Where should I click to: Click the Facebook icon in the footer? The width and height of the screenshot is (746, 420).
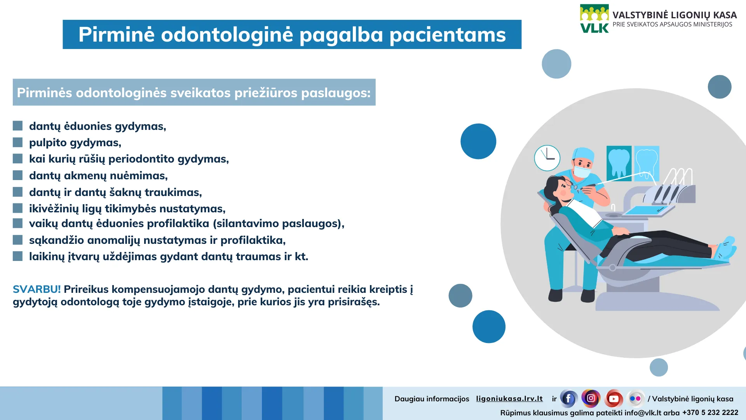tap(568, 399)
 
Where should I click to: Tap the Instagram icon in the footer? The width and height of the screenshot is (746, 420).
tap(591, 398)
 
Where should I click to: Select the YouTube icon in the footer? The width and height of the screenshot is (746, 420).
tap(614, 399)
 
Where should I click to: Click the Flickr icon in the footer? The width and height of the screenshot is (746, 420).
tap(635, 399)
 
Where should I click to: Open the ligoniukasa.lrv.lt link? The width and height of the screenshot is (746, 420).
tap(509, 399)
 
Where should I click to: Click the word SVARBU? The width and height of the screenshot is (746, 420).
tap(37, 289)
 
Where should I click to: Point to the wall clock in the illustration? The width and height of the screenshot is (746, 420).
tap(547, 158)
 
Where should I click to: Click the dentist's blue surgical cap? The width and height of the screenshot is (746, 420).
tap(584, 154)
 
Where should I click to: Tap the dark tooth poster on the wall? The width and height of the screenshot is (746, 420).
tap(619, 163)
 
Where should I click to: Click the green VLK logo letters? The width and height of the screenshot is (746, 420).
tap(594, 28)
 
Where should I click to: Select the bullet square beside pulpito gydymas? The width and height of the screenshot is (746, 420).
tap(17, 142)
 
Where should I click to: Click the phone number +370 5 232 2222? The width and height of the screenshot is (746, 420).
tap(710, 413)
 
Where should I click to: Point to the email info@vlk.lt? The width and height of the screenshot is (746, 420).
tap(643, 413)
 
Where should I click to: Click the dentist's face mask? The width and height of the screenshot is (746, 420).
tap(582, 171)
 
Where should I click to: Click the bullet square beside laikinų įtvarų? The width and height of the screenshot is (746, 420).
tap(17, 256)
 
